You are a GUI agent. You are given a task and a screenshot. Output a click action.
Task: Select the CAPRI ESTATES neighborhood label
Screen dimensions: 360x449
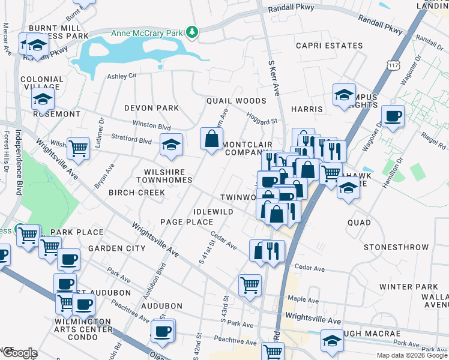tap(329, 46)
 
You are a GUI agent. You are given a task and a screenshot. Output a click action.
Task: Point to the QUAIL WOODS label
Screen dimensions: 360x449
tap(236, 101)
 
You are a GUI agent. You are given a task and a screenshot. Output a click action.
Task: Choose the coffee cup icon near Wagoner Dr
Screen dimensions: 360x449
tap(393, 116)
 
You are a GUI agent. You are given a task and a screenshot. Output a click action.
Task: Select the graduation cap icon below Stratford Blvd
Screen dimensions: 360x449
tap(171, 145)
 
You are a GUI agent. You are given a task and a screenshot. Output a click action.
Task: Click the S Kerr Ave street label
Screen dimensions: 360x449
tap(274, 77)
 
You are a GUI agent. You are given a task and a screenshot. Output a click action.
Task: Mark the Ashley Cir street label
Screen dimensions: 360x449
tap(122, 76)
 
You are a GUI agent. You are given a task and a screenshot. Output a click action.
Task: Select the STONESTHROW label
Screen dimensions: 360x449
tap(396, 247)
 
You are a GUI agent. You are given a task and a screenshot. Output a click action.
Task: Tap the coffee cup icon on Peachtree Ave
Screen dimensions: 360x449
tap(162, 331)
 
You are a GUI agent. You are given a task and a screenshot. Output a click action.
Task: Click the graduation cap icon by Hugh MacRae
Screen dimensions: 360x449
tap(332, 340)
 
